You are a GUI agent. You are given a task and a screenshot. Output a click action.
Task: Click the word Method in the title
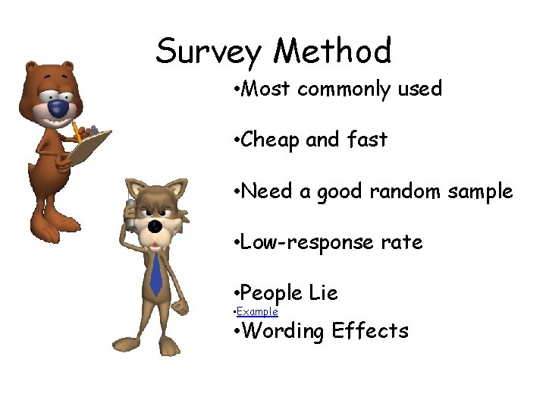coord(333,51)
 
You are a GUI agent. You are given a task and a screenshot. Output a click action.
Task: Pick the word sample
coord(480,192)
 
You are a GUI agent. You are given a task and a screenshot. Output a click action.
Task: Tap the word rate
coord(402,243)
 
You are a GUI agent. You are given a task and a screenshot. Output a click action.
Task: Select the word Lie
coord(323,293)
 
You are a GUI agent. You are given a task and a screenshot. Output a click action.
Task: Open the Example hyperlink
coord(257,312)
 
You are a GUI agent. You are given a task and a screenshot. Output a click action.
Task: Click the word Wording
coord(284,331)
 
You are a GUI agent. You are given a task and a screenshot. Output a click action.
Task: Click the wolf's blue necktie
coord(156,273)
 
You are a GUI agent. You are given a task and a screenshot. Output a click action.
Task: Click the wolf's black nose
coord(155,226)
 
